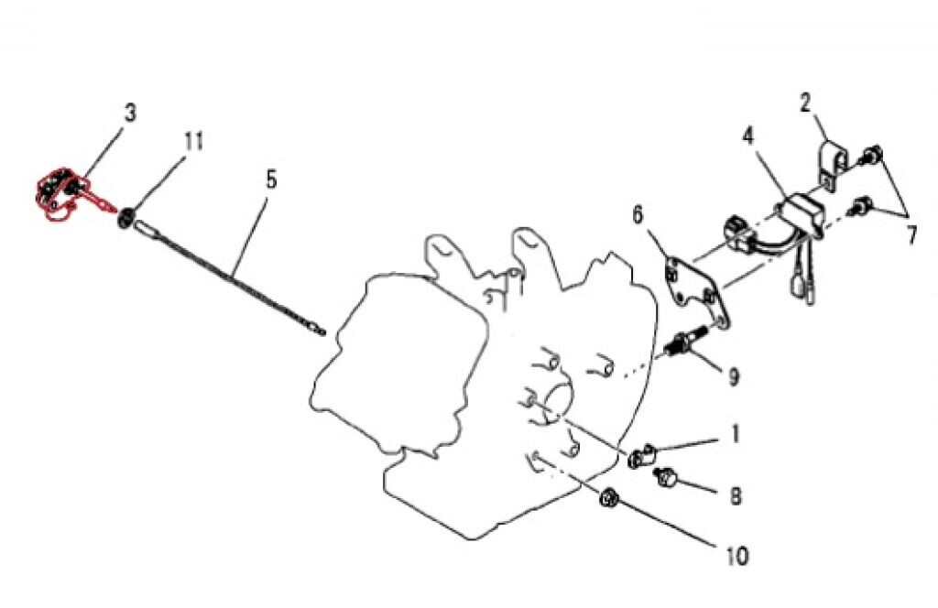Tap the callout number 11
pos(192,142)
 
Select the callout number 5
pos(271,179)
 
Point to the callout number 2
pos(805,103)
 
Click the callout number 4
pos(747,137)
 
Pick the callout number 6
pos(638,216)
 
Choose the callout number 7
pos(911,234)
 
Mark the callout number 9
pos(734,376)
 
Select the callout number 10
pos(737,555)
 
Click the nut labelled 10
pos(607,500)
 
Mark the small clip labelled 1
pos(642,455)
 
